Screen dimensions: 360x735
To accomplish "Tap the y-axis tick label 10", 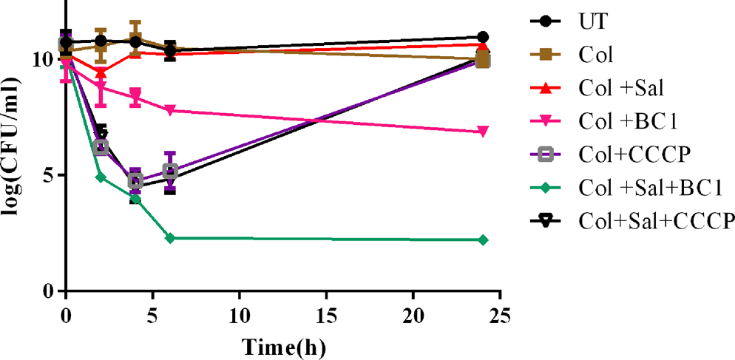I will pos(44,59).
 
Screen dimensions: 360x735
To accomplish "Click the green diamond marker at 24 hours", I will pos(484,240).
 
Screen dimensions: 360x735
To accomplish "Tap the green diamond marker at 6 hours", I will pos(170,238).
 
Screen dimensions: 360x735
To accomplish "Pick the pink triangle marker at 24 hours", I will pos(484,132).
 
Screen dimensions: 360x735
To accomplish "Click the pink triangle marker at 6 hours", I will pos(170,110).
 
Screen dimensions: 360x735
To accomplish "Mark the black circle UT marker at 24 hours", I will pos(484,37).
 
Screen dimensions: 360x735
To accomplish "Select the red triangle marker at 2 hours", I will pos(101,72).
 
